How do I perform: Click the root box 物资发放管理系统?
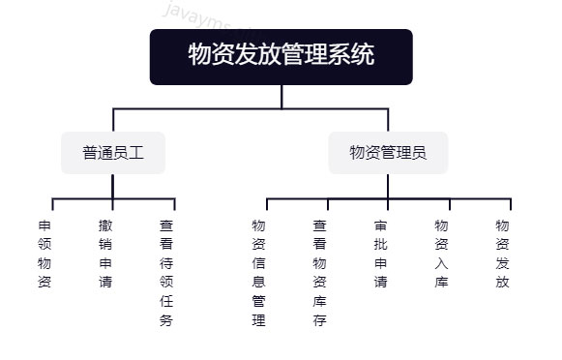pyautogui.click(x=281, y=55)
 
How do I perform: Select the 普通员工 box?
pyautogui.click(x=113, y=152)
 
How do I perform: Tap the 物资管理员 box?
pyautogui.click(x=388, y=152)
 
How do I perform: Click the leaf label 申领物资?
pyautogui.click(x=44, y=254)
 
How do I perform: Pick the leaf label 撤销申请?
pyautogui.click(x=105, y=254)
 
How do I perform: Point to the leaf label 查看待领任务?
pyautogui.click(x=166, y=272)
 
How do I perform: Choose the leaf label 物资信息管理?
pyautogui.click(x=258, y=272)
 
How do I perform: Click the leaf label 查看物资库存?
pyautogui.click(x=319, y=272)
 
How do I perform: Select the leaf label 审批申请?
pyautogui.click(x=380, y=254)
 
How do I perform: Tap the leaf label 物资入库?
pyautogui.click(x=441, y=254)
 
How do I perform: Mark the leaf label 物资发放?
pyautogui.click(x=502, y=254)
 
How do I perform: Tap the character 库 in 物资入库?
pyautogui.click(x=441, y=282)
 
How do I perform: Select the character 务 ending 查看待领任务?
pyautogui.click(x=166, y=320)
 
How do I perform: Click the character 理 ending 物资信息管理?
pyautogui.click(x=258, y=320)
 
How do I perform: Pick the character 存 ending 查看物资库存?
pyautogui.click(x=319, y=320)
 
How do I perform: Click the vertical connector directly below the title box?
pyautogui.click(x=281, y=96)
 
